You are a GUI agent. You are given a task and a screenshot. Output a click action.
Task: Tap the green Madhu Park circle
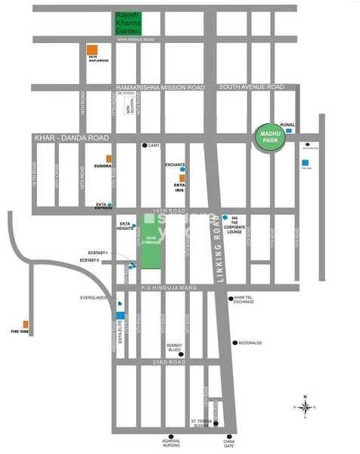[268, 138]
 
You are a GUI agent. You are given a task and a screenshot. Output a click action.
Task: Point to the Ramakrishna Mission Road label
[160, 88]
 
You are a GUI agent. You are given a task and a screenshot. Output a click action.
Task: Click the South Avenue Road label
[251, 87]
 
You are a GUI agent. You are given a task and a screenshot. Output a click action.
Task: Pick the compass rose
[304, 407]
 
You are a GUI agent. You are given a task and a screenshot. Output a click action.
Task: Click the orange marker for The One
[26, 324]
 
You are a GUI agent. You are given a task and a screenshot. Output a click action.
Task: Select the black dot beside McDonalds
[234, 342]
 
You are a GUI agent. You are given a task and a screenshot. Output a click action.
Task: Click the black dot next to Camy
[144, 145]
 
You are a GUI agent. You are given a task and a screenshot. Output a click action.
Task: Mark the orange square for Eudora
[109, 158]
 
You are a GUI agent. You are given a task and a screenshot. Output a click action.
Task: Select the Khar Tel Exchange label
[249, 300]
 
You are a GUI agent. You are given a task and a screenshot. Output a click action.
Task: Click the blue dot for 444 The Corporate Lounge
[225, 217]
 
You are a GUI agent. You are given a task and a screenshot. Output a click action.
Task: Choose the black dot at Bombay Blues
[181, 353]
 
